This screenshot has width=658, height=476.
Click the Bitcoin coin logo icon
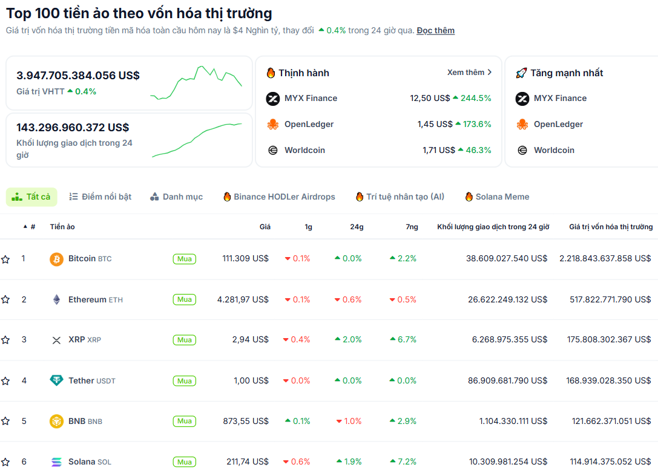click(x=56, y=259)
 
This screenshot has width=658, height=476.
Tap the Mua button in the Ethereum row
click(x=185, y=299)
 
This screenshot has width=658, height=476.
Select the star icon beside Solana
click(x=5, y=462)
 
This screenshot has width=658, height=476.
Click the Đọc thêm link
click(x=435, y=31)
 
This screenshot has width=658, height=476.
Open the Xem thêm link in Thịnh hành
click(x=469, y=73)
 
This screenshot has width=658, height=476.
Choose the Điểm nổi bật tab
click(x=100, y=197)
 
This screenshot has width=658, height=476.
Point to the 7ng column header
click(x=412, y=227)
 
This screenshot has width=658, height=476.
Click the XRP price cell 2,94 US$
click(x=251, y=339)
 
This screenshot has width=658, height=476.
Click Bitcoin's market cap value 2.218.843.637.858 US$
click(x=605, y=258)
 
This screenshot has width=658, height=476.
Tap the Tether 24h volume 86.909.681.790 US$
click(x=507, y=380)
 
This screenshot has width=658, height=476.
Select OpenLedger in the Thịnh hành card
click(x=309, y=124)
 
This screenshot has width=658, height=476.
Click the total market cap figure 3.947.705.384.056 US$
click(x=78, y=76)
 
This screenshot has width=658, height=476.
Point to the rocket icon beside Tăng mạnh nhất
click(x=521, y=73)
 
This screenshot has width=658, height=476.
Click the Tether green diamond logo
click(x=56, y=380)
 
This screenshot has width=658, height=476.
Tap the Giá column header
click(x=265, y=227)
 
